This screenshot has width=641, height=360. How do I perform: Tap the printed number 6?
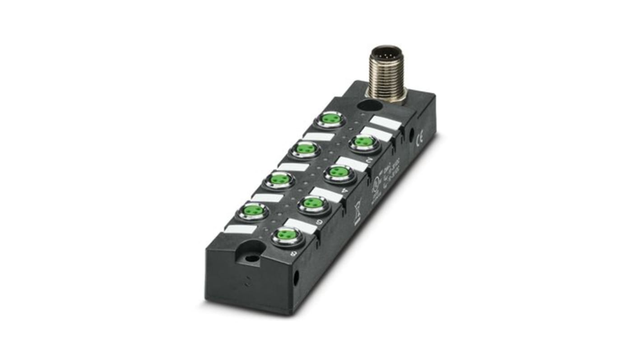[320, 222]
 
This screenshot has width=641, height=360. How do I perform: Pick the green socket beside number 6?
[311, 203]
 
